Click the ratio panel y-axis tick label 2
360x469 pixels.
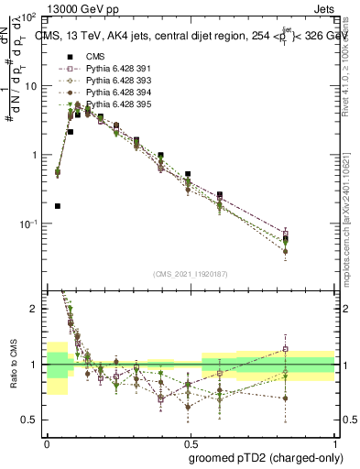[x=33, y=310]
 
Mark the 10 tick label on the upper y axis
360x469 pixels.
[x=30, y=86]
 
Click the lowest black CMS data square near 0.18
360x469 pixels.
[x=58, y=206]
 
